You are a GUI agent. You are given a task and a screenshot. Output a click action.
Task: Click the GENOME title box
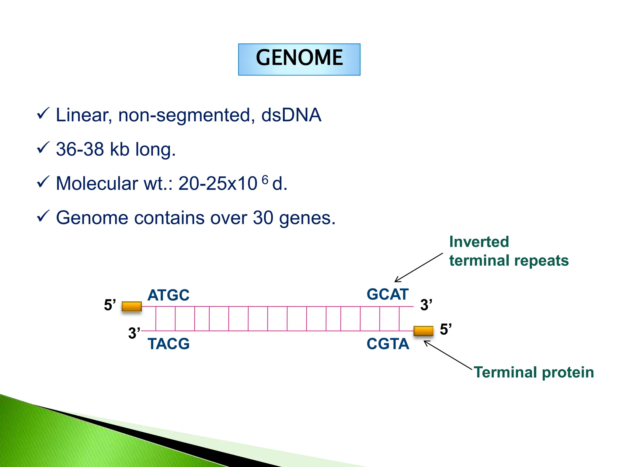tap(299, 59)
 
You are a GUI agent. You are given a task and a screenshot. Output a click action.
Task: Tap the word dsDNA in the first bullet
tap(291, 115)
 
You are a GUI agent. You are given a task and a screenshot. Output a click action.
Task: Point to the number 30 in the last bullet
tap(263, 218)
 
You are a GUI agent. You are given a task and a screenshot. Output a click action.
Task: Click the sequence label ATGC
tap(168, 295)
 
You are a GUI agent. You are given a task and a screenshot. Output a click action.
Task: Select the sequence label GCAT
tap(387, 294)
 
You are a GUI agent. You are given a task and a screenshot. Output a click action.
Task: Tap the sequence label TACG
tap(168, 344)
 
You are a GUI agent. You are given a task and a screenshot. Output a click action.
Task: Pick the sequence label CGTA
tap(388, 344)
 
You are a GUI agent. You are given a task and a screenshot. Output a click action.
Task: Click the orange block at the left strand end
tap(131, 306)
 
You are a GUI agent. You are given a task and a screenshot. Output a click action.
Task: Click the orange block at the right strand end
tap(423, 331)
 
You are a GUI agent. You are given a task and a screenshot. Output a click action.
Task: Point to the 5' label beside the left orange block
tap(110, 305)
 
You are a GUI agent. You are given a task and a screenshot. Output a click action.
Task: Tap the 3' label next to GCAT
tap(426, 305)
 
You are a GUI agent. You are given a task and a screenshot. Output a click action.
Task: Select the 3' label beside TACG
tap(134, 333)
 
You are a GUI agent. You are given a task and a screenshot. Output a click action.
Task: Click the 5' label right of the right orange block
tap(446, 330)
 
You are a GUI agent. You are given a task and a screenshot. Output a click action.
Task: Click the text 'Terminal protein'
tap(534, 372)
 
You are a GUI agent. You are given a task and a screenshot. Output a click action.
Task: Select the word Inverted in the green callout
tap(479, 242)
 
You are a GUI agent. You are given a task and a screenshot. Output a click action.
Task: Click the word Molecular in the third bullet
tap(97, 184)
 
